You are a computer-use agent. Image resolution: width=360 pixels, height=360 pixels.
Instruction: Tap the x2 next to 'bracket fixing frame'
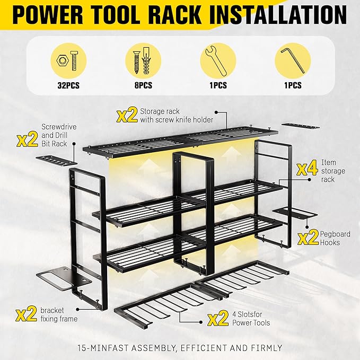tap(27, 315)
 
